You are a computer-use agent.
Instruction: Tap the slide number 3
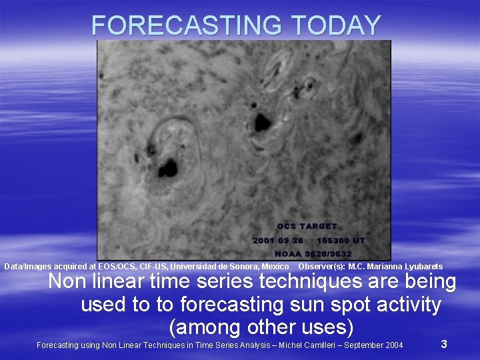click(x=444, y=344)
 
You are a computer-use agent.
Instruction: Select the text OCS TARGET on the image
click(x=307, y=227)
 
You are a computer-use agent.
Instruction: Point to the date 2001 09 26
click(x=278, y=240)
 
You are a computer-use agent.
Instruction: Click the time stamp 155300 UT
click(x=341, y=240)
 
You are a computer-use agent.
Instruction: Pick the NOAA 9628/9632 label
click(x=313, y=254)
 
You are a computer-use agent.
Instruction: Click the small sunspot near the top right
click(x=309, y=85)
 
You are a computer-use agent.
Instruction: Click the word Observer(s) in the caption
click(x=322, y=267)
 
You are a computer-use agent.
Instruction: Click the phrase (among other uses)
click(x=261, y=327)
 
